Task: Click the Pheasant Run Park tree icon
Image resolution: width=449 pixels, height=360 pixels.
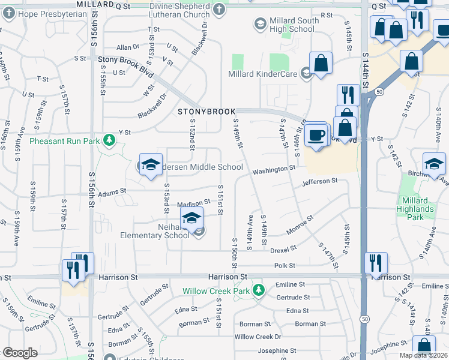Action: pos(109,140)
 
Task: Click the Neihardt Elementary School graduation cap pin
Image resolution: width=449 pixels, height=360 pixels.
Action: pos(191,218)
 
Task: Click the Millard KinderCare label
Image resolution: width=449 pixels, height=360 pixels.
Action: pos(263,74)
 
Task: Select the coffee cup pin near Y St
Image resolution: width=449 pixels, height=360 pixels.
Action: pos(315,135)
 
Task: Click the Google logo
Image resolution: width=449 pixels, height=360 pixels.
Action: pos(20,353)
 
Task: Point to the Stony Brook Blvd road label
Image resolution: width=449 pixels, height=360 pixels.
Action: pos(125,60)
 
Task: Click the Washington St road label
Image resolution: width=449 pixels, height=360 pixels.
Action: pos(274,170)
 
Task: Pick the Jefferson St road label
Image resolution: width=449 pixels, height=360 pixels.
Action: pos(320,181)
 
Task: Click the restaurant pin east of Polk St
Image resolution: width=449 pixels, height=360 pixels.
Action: pos(376,262)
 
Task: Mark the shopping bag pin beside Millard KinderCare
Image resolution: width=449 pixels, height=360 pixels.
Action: pos(321,62)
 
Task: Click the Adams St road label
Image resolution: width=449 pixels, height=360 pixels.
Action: pos(112,191)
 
